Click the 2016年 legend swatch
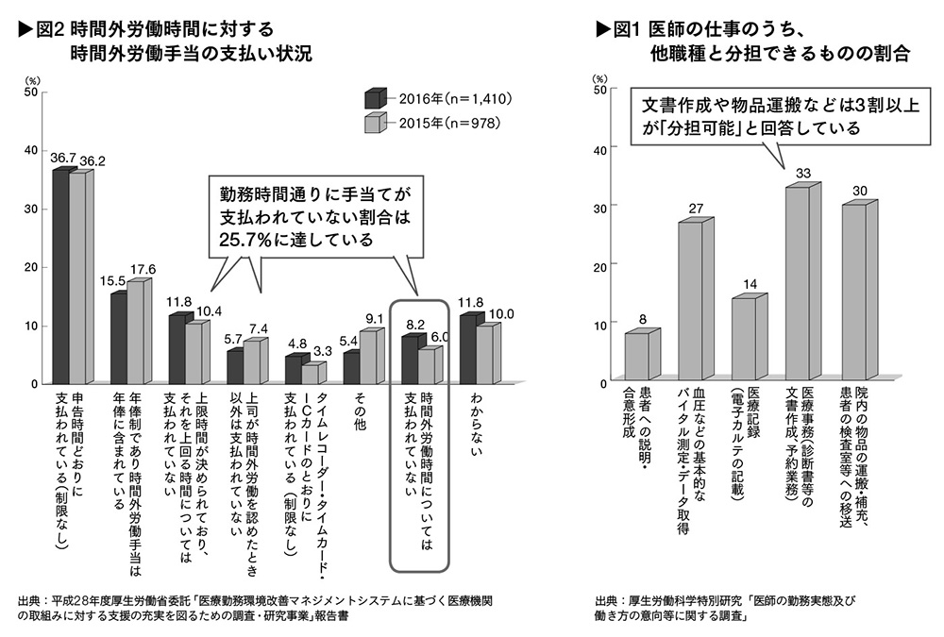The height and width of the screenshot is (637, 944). (x=375, y=96)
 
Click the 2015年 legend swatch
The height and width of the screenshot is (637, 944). (x=375, y=122)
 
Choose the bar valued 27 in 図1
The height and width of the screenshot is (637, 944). (x=691, y=303)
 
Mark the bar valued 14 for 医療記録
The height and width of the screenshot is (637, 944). (x=745, y=341)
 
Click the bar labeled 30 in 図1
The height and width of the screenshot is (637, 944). (x=853, y=293)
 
